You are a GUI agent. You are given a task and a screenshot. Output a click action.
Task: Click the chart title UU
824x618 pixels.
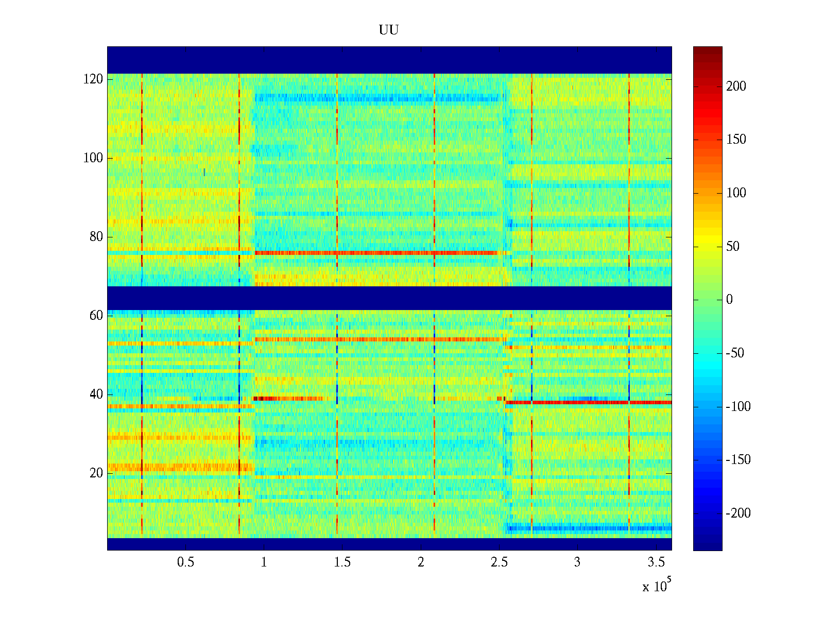click(x=389, y=30)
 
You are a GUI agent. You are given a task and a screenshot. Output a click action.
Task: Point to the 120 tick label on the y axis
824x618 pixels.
click(x=93, y=79)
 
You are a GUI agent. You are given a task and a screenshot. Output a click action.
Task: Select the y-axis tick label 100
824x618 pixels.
click(x=93, y=158)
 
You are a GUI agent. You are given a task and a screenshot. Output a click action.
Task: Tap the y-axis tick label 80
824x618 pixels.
click(x=96, y=237)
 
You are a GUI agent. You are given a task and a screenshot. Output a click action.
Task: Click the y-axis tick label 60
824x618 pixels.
click(x=96, y=316)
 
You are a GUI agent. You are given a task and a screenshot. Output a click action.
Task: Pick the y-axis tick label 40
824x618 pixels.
click(x=96, y=394)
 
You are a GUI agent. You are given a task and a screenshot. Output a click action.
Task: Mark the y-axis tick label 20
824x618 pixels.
click(x=96, y=473)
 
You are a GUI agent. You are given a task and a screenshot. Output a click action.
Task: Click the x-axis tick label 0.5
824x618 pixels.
click(x=185, y=562)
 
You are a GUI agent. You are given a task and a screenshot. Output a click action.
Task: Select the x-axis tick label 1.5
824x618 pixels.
click(x=342, y=562)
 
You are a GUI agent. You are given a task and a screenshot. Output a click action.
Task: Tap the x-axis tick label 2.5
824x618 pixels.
click(x=499, y=562)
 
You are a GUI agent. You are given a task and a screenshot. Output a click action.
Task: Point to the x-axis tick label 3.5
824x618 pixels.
click(x=656, y=562)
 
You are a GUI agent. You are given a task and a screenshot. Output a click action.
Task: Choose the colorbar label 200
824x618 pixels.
click(x=736, y=87)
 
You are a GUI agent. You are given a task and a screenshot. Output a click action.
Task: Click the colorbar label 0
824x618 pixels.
click(x=729, y=300)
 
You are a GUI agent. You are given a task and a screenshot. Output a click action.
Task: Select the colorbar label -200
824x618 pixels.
click(x=738, y=513)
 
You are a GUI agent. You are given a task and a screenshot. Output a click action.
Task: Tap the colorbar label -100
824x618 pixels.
click(x=738, y=407)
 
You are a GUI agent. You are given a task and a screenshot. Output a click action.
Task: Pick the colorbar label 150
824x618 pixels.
click(x=736, y=140)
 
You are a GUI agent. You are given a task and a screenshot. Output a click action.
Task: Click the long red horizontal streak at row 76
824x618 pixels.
click(x=376, y=253)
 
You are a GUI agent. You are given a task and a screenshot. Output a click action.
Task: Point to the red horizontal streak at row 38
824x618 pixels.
click(x=587, y=402)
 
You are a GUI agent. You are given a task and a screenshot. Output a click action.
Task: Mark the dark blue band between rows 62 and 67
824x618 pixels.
click(x=389, y=298)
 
